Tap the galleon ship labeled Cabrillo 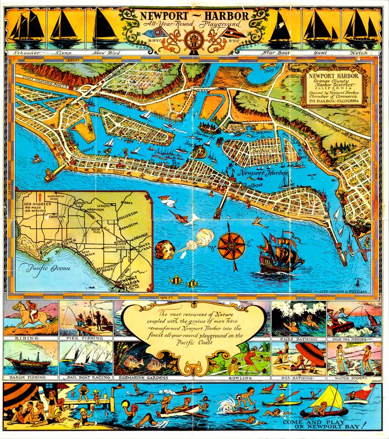coord(280,252)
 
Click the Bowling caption coord(240,378)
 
